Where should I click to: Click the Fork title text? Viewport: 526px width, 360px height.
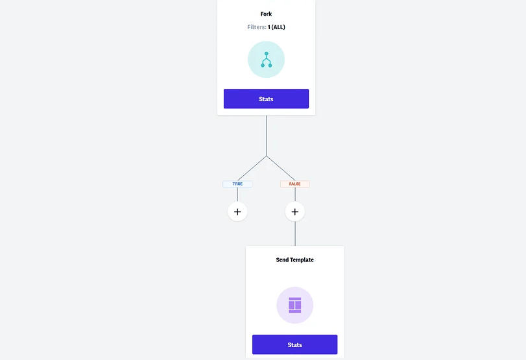tap(266, 14)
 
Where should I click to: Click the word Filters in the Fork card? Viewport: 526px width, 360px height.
tap(257, 27)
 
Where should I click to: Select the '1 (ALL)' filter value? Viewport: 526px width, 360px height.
tap(276, 27)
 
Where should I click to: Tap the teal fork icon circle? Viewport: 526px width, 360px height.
tap(266, 60)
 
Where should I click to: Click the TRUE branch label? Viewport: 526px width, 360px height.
tap(237, 184)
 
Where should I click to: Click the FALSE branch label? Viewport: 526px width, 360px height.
tap(295, 184)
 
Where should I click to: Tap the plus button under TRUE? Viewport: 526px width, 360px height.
tap(237, 211)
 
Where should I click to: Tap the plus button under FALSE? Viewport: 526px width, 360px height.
tap(295, 211)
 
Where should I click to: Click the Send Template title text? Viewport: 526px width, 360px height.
tap(295, 259)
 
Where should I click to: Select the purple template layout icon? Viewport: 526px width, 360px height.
tap(295, 305)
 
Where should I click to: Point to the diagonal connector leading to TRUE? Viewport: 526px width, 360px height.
tap(252, 169)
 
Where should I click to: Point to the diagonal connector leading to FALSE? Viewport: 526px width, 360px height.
tap(281, 169)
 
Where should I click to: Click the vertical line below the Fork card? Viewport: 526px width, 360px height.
tap(267, 136)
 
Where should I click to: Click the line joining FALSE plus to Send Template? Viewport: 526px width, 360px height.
tap(295, 234)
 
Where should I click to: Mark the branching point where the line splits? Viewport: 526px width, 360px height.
tap(267, 156)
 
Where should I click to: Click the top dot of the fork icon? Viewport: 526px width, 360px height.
tap(267, 54)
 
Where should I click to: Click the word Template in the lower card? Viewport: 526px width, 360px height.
tap(302, 259)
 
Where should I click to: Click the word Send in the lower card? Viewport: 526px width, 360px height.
tap(282, 259)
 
